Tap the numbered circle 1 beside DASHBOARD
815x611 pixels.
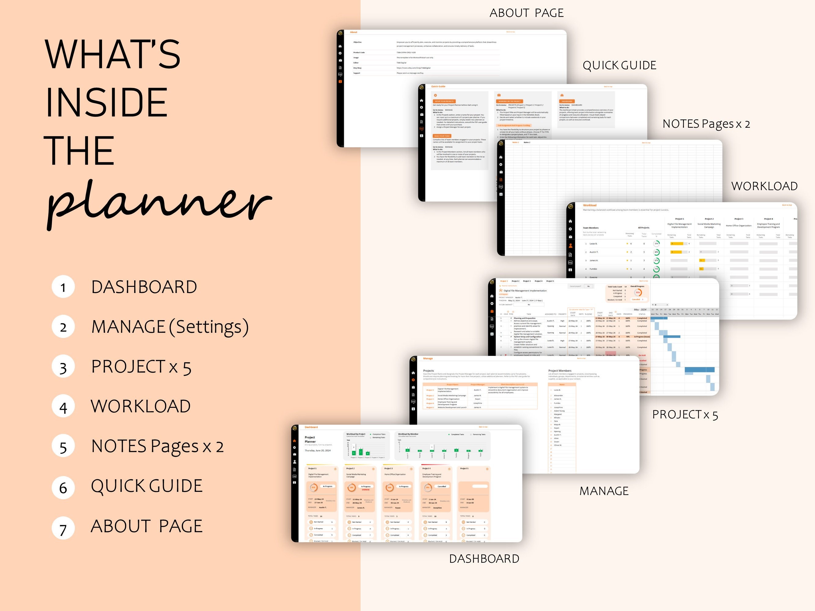coord(63,287)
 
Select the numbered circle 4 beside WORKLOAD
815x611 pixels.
coord(63,407)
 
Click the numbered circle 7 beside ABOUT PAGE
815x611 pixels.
coord(63,528)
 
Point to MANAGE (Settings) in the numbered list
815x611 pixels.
coord(170,327)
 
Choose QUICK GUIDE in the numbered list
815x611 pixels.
coord(147,486)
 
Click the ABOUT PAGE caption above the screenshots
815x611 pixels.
coord(527,13)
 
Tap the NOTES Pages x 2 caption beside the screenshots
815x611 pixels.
coord(706,124)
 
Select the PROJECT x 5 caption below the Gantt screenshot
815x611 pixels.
coord(685,415)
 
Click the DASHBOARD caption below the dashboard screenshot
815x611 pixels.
coord(484,559)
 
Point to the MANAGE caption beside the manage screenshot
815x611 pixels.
coord(604,491)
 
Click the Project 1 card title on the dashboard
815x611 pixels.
coord(312,468)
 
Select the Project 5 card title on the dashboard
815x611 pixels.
coord(464,468)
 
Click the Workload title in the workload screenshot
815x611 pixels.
coord(589,205)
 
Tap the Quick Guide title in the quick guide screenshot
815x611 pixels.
coord(438,86)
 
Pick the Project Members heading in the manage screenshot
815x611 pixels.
coord(560,371)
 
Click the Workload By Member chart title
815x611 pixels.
coord(408,434)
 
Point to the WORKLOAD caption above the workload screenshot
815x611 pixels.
coord(764,186)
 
